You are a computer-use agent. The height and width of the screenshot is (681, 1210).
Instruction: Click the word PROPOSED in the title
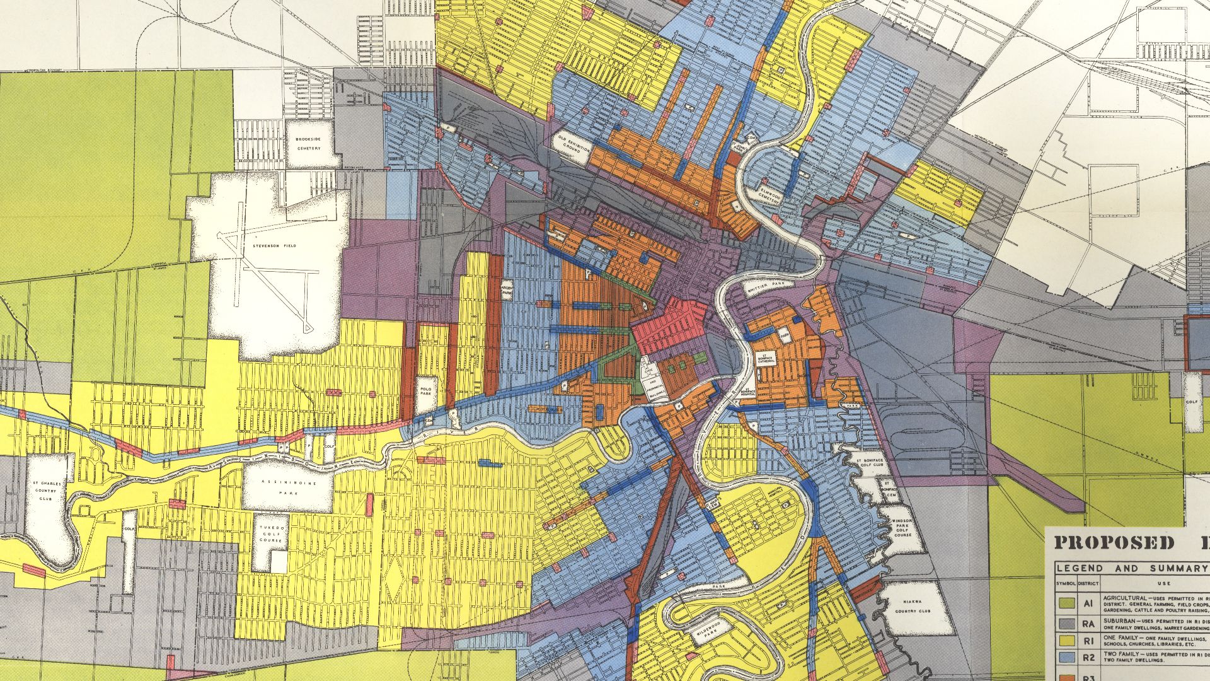pyautogui.click(x=1113, y=543)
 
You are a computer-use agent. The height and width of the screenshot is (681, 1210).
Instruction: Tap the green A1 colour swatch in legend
pyautogui.click(x=1066, y=603)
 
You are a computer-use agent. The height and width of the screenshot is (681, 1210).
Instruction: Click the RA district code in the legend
pyautogui.click(x=1088, y=624)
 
